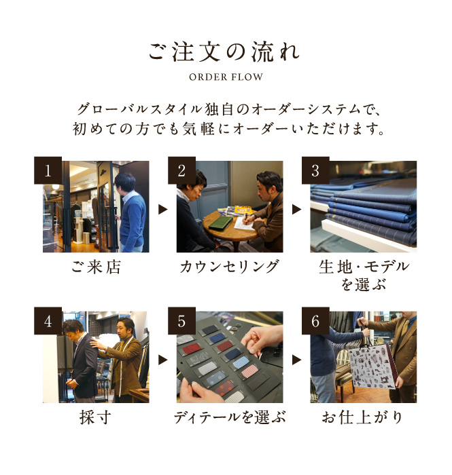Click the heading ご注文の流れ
[224, 52]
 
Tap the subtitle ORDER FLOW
[226, 77]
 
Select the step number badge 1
[48, 170]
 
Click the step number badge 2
[181, 170]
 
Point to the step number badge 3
[315, 170]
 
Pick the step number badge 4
[48, 321]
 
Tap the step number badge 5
[181, 321]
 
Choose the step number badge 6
[315, 321]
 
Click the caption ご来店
[96, 267]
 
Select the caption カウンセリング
[229, 267]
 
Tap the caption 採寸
[95, 417]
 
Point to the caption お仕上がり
[362, 417]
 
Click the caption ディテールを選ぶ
[230, 417]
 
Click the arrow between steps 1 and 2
[163, 209]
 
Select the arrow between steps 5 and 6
[296, 360]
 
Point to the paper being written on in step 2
[245, 223]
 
